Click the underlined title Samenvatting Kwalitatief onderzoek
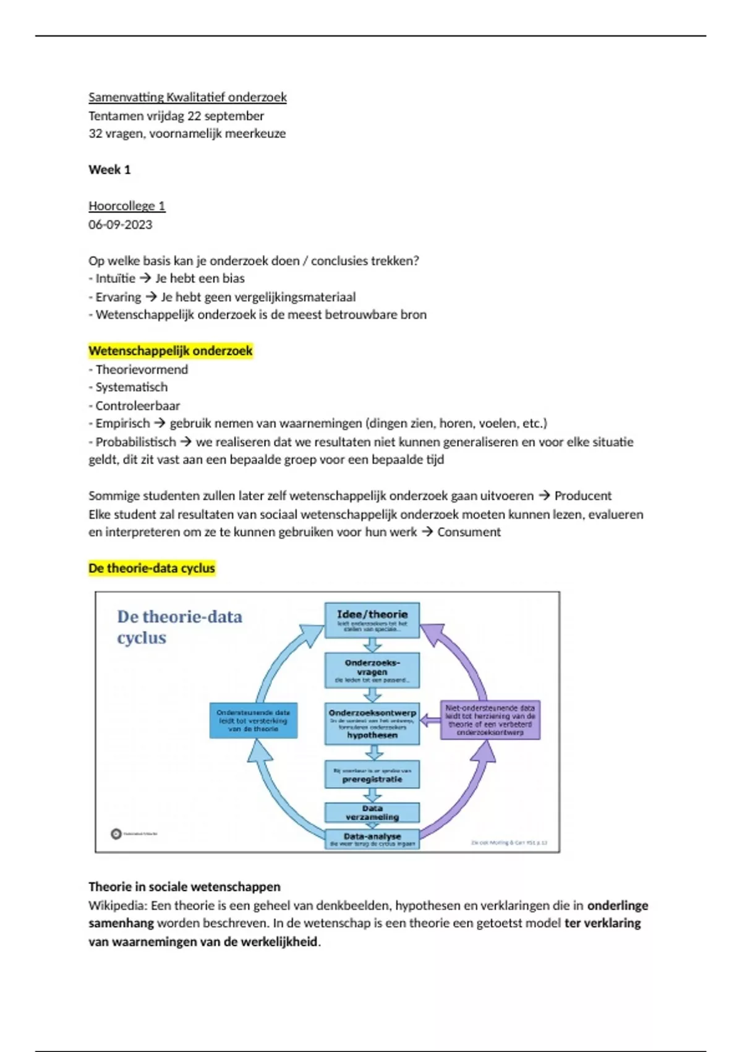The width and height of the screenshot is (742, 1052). pyautogui.click(x=187, y=97)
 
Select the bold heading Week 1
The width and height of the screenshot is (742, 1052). pyautogui.click(x=109, y=170)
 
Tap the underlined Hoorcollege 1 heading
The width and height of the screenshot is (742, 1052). pyautogui.click(x=127, y=206)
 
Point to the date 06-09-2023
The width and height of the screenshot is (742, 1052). pyautogui.click(x=120, y=225)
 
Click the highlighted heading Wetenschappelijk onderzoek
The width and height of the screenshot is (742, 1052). pyautogui.click(x=171, y=351)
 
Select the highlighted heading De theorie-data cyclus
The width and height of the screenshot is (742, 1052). pyautogui.click(x=151, y=568)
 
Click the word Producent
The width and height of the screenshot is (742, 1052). pyautogui.click(x=582, y=496)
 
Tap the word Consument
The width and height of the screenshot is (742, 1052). pyautogui.click(x=469, y=532)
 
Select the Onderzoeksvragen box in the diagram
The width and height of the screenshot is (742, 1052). pyautogui.click(x=372, y=670)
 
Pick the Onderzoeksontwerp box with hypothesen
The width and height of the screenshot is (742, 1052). pyautogui.click(x=372, y=723)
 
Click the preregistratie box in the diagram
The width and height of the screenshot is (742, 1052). pyautogui.click(x=372, y=775)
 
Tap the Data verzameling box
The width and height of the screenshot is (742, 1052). pyautogui.click(x=372, y=813)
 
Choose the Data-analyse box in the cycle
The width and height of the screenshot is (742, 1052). pyautogui.click(x=372, y=839)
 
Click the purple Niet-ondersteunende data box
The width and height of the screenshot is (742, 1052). pyautogui.click(x=490, y=720)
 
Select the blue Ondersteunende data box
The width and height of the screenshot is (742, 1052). pyautogui.click(x=254, y=720)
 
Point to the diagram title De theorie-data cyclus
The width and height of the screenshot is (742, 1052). pyautogui.click(x=179, y=627)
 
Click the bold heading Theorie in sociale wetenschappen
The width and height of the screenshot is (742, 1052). pyautogui.click(x=184, y=887)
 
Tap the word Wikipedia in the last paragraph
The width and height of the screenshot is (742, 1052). pyautogui.click(x=117, y=905)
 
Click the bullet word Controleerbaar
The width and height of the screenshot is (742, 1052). pyautogui.click(x=137, y=406)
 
